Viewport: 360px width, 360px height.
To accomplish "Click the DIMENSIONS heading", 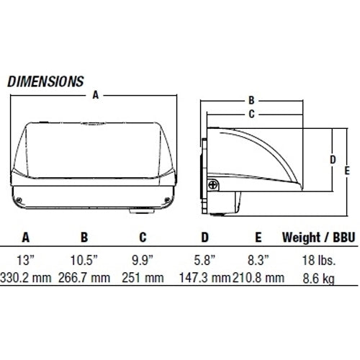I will click(x=45, y=81).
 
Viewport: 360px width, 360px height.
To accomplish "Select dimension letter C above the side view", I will click(x=251, y=113).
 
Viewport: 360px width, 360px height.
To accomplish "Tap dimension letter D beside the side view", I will click(x=332, y=159).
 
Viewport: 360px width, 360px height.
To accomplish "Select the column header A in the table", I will click(x=26, y=236).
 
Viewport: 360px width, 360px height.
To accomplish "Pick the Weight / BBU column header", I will click(x=311, y=236).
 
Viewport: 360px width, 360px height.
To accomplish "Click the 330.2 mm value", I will click(x=25, y=277).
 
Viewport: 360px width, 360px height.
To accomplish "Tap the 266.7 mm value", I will click(x=84, y=277).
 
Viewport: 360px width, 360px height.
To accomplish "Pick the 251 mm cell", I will click(x=143, y=277).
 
